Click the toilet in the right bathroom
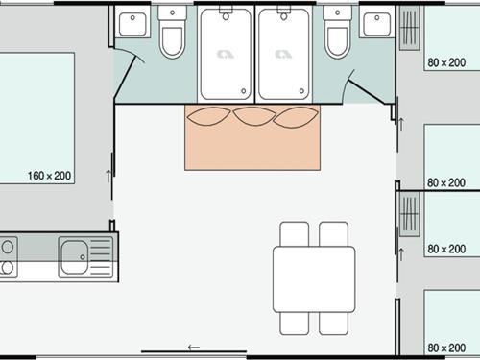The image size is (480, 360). coord(337,38)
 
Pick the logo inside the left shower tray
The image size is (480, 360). coord(224,55)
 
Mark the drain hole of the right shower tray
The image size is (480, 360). coord(283,16)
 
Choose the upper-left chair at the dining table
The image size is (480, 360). coord(294,234)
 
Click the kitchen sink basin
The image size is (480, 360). coord(73,257)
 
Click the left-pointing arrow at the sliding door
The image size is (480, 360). coord(194,347)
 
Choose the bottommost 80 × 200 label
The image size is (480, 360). coord(445,347)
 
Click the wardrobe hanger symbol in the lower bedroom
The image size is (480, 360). coord(411,218)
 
